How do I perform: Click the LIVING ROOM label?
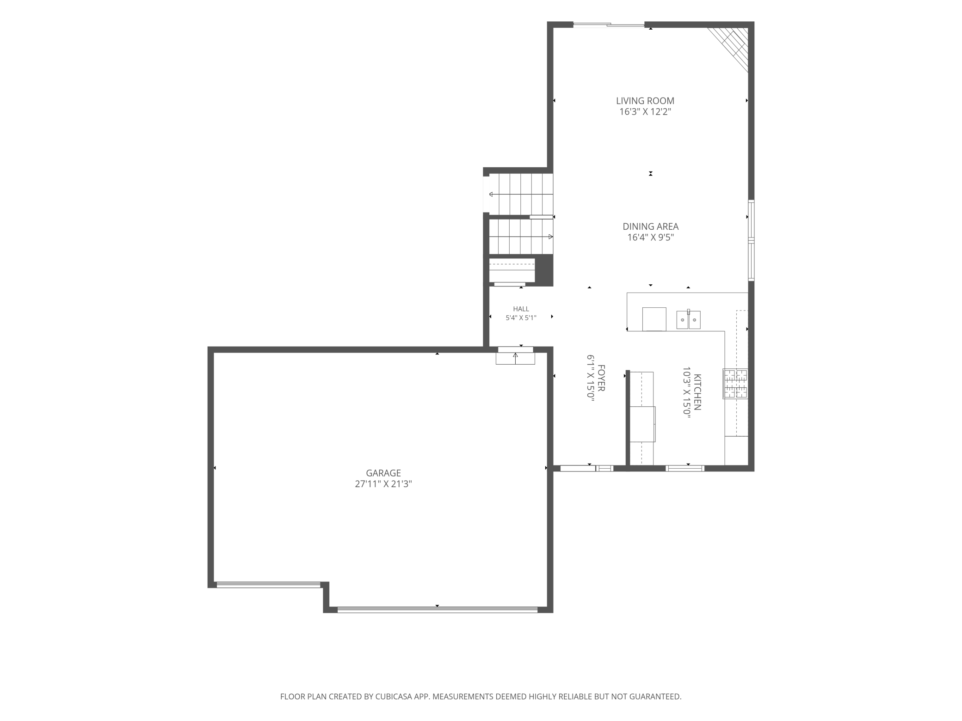tap(645, 101)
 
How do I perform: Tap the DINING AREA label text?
tap(650, 226)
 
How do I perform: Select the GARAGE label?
tap(383, 473)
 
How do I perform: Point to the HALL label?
tap(521, 309)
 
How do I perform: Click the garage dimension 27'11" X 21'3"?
tap(383, 484)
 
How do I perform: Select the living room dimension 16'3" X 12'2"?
tap(645, 112)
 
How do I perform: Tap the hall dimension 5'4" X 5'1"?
tap(521, 318)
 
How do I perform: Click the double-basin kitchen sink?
tap(688, 319)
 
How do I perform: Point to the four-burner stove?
tap(735, 384)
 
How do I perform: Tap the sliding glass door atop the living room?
tap(609, 24)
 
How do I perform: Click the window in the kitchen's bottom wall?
tap(685, 468)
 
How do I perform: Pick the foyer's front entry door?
tap(578, 468)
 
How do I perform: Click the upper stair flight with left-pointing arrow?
tap(521, 194)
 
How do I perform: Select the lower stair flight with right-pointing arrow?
tap(521, 237)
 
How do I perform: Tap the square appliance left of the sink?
tap(654, 319)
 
